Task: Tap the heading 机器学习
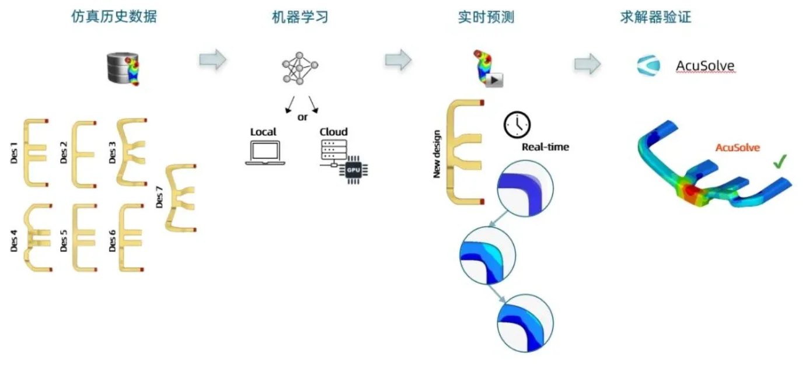pos(300,17)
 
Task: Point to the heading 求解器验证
pos(655,17)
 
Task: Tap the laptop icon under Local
pos(265,153)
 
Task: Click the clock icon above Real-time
pos(517,124)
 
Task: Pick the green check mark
pos(779,163)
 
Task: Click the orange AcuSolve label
pos(738,148)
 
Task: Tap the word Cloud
pos(333,132)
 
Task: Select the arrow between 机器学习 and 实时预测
pos(398,59)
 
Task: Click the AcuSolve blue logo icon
pos(648,66)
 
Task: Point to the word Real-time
pos(545,147)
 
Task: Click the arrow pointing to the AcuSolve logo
pos(587,63)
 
